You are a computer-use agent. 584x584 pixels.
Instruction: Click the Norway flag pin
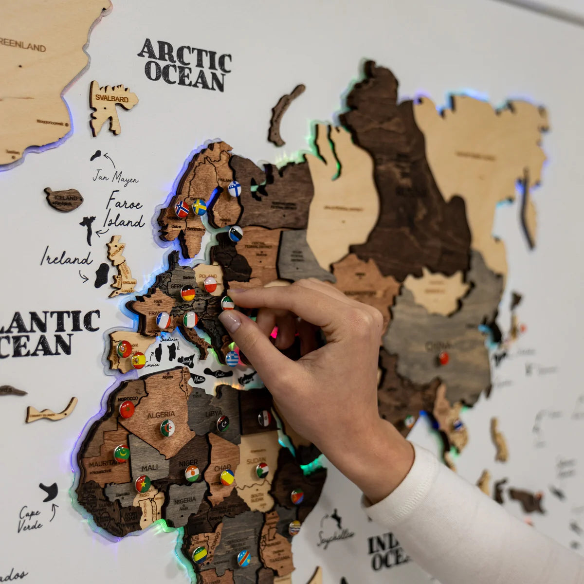click(x=182, y=209)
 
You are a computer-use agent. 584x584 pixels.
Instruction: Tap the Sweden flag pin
click(x=200, y=207)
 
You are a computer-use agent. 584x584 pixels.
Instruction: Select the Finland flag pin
click(x=235, y=189)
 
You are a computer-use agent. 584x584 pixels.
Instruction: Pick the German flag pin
click(x=188, y=293)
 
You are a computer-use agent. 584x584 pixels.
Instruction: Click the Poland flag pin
click(x=210, y=285)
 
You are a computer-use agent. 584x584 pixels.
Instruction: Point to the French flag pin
click(x=164, y=320)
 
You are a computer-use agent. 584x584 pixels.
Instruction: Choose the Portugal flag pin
click(x=124, y=349)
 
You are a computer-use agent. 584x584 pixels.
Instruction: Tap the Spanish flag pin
click(x=139, y=361)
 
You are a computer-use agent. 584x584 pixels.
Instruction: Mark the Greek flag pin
click(x=232, y=359)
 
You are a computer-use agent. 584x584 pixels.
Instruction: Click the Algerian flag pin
click(x=168, y=428)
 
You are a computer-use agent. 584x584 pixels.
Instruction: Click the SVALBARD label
click(x=112, y=99)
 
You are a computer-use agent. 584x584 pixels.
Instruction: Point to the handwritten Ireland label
click(x=66, y=258)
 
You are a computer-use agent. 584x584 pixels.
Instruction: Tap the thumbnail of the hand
click(x=230, y=321)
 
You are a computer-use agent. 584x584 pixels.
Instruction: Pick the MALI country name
click(x=149, y=467)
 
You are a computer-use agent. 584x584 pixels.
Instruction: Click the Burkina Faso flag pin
click(x=143, y=483)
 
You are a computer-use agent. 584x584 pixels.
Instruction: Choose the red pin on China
click(x=444, y=359)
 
